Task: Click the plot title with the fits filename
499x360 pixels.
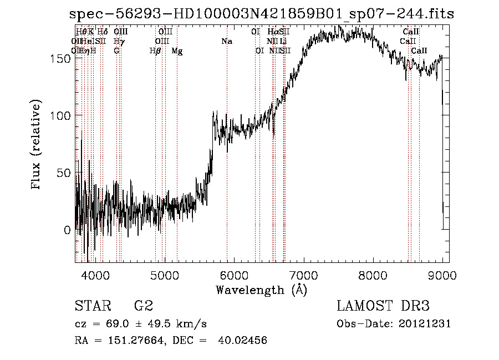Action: [x=262, y=14]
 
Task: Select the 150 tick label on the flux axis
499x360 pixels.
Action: [x=62, y=58]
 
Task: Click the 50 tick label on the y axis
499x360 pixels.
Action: [x=65, y=173]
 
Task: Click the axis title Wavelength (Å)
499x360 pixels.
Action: [x=261, y=289]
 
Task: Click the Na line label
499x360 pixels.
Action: [x=226, y=42]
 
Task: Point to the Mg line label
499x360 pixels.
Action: [x=177, y=51]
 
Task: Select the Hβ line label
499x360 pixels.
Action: [x=155, y=51]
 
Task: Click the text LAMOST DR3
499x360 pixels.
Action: [x=383, y=306]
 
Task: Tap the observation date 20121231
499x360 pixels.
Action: [x=425, y=324]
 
